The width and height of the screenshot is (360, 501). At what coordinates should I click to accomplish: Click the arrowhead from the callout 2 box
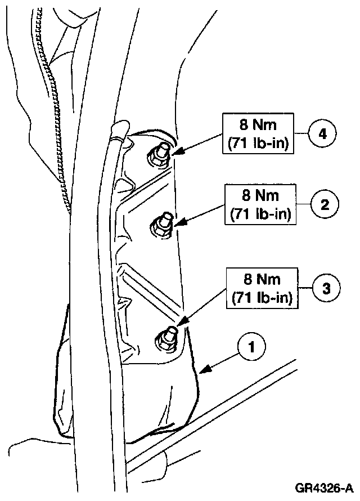(x=177, y=225)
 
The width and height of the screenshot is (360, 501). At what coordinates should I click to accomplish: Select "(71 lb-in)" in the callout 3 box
(x=263, y=297)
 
